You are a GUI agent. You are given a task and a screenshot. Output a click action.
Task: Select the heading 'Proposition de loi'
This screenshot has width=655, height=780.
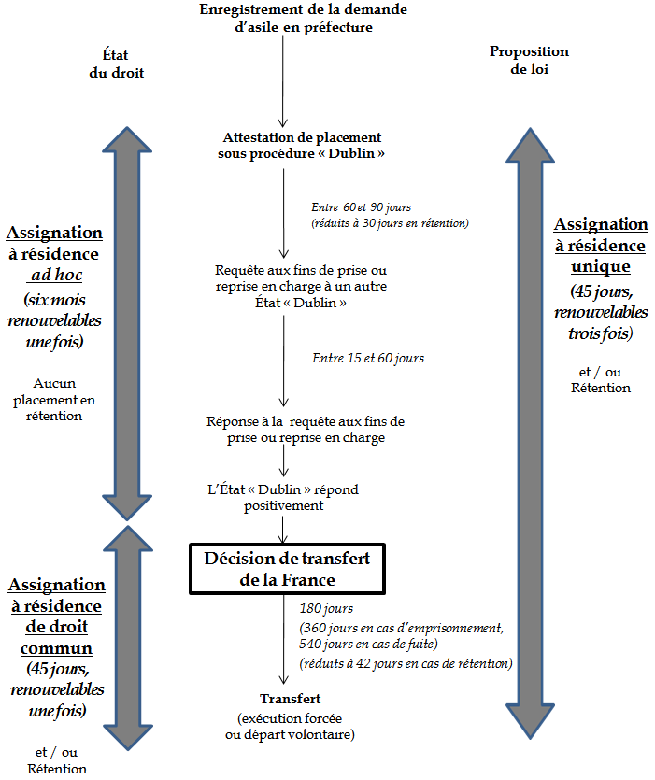coord(529,61)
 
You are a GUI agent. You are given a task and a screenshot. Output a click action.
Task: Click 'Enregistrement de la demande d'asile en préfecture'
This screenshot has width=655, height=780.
coord(290,19)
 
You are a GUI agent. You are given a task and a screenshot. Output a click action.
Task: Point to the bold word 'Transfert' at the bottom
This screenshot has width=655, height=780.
coord(290,699)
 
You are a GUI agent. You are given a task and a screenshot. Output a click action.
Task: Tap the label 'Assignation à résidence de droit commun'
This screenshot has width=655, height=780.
coord(56,616)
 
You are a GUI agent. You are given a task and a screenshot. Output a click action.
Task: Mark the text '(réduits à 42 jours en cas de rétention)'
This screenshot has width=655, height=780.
coord(406,663)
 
